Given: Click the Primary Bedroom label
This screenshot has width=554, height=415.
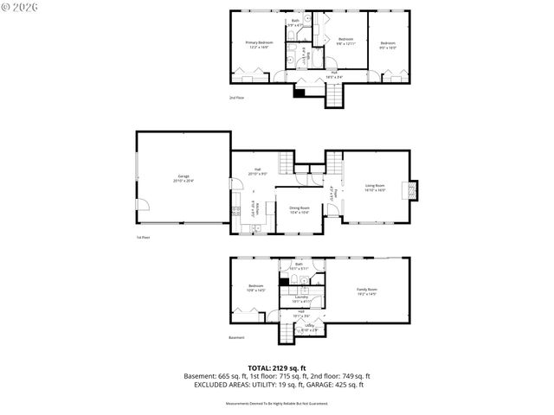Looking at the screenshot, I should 259,44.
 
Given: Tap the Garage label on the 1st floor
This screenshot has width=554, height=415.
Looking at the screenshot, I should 184,178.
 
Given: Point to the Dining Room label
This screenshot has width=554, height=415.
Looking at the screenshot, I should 300,209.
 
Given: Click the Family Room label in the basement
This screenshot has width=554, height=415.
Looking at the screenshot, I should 368,291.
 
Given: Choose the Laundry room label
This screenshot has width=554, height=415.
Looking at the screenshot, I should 301,299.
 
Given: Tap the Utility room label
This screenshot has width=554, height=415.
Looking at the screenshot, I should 309,329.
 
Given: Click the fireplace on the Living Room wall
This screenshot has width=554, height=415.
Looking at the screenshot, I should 413,190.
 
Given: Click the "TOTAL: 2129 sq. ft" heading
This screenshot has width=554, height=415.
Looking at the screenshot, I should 277,367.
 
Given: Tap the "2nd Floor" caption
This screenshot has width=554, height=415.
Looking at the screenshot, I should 237,98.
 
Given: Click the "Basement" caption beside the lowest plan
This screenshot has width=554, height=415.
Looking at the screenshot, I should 237,338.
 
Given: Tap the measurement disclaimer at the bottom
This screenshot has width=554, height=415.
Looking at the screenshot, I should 277,403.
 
